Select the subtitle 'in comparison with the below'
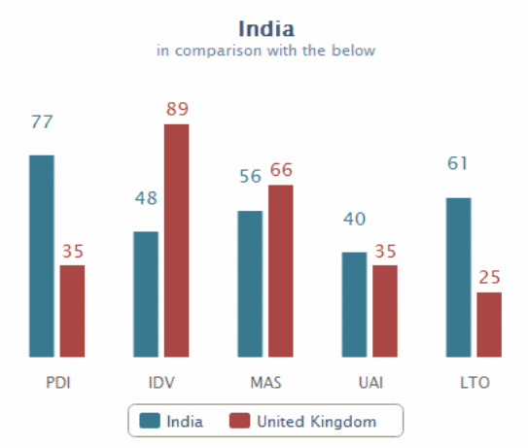tap(265, 51)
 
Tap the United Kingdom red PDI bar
tap(73, 311)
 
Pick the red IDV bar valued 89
tap(176, 240)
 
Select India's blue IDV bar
tap(146, 293)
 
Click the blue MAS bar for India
tap(250, 284)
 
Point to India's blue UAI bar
tap(354, 304)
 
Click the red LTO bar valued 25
tap(489, 325)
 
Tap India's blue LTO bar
tap(458, 277)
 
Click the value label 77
tap(42, 122)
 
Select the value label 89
tap(176, 109)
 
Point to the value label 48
tap(146, 198)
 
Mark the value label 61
tap(458, 163)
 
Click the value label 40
tap(354, 219)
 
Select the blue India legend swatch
tap(150, 421)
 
